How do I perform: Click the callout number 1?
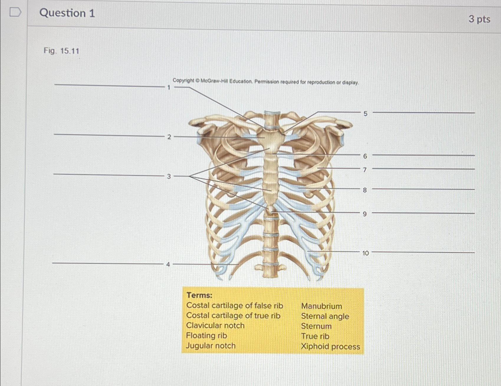169,87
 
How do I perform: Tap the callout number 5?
365,114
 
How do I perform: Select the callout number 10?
365,253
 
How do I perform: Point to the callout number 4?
168,265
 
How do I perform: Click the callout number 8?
365,190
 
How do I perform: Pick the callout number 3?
169,176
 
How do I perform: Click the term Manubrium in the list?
321,306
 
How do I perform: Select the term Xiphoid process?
330,346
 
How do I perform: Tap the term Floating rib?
206,336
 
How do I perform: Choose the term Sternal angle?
325,316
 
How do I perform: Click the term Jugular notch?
211,346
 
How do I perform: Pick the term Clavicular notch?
215,326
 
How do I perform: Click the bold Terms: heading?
199,295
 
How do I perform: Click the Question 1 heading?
67,13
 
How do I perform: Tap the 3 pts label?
479,19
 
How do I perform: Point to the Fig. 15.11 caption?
61,51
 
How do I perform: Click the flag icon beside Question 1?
15,12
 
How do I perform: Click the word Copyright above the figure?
183,80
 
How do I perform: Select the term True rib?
315,336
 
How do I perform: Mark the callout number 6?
365,156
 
